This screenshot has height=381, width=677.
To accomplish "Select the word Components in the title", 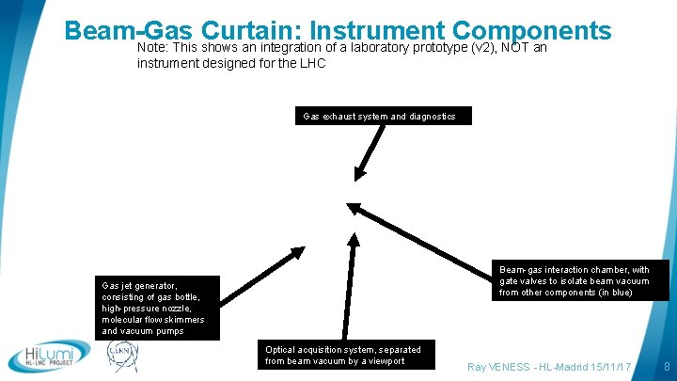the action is [x=529, y=30].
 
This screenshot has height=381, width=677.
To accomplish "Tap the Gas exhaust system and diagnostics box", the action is [x=379, y=117].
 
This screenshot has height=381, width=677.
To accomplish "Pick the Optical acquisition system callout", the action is [x=342, y=355].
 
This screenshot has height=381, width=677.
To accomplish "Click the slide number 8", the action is [x=666, y=366].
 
